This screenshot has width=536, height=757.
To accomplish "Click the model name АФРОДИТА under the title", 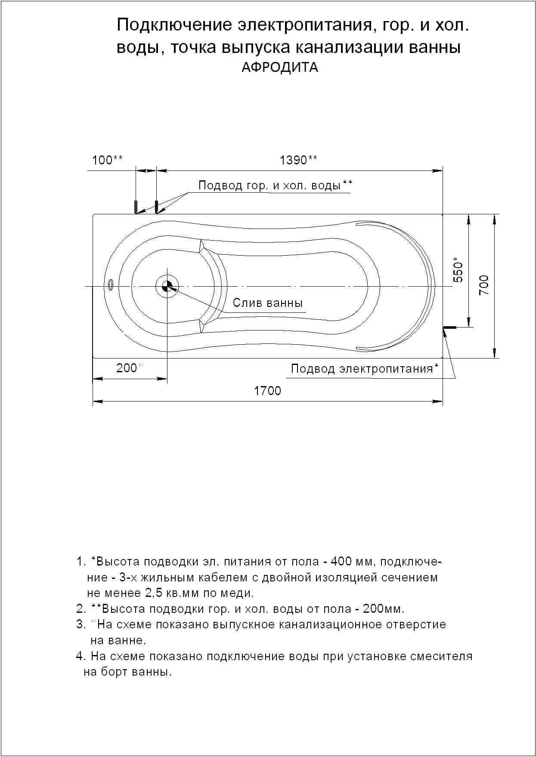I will click(280, 68).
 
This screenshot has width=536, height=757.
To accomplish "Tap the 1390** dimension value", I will click(298, 160).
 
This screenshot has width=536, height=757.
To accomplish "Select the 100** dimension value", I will click(107, 160).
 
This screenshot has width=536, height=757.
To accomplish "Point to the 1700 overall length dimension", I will click(267, 391).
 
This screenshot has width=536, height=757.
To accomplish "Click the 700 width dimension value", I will click(484, 284).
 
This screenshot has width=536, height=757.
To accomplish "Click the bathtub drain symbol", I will click(167, 286).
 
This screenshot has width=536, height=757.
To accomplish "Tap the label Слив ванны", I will click(267, 303).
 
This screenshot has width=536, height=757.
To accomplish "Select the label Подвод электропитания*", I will click(365, 369).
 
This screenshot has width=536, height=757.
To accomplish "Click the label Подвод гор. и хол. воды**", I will click(275, 185).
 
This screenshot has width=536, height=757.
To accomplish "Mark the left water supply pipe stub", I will click(136, 207).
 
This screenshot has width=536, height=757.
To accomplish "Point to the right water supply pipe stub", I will click(156, 207).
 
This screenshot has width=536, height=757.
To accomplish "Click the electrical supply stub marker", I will click(449, 328).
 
